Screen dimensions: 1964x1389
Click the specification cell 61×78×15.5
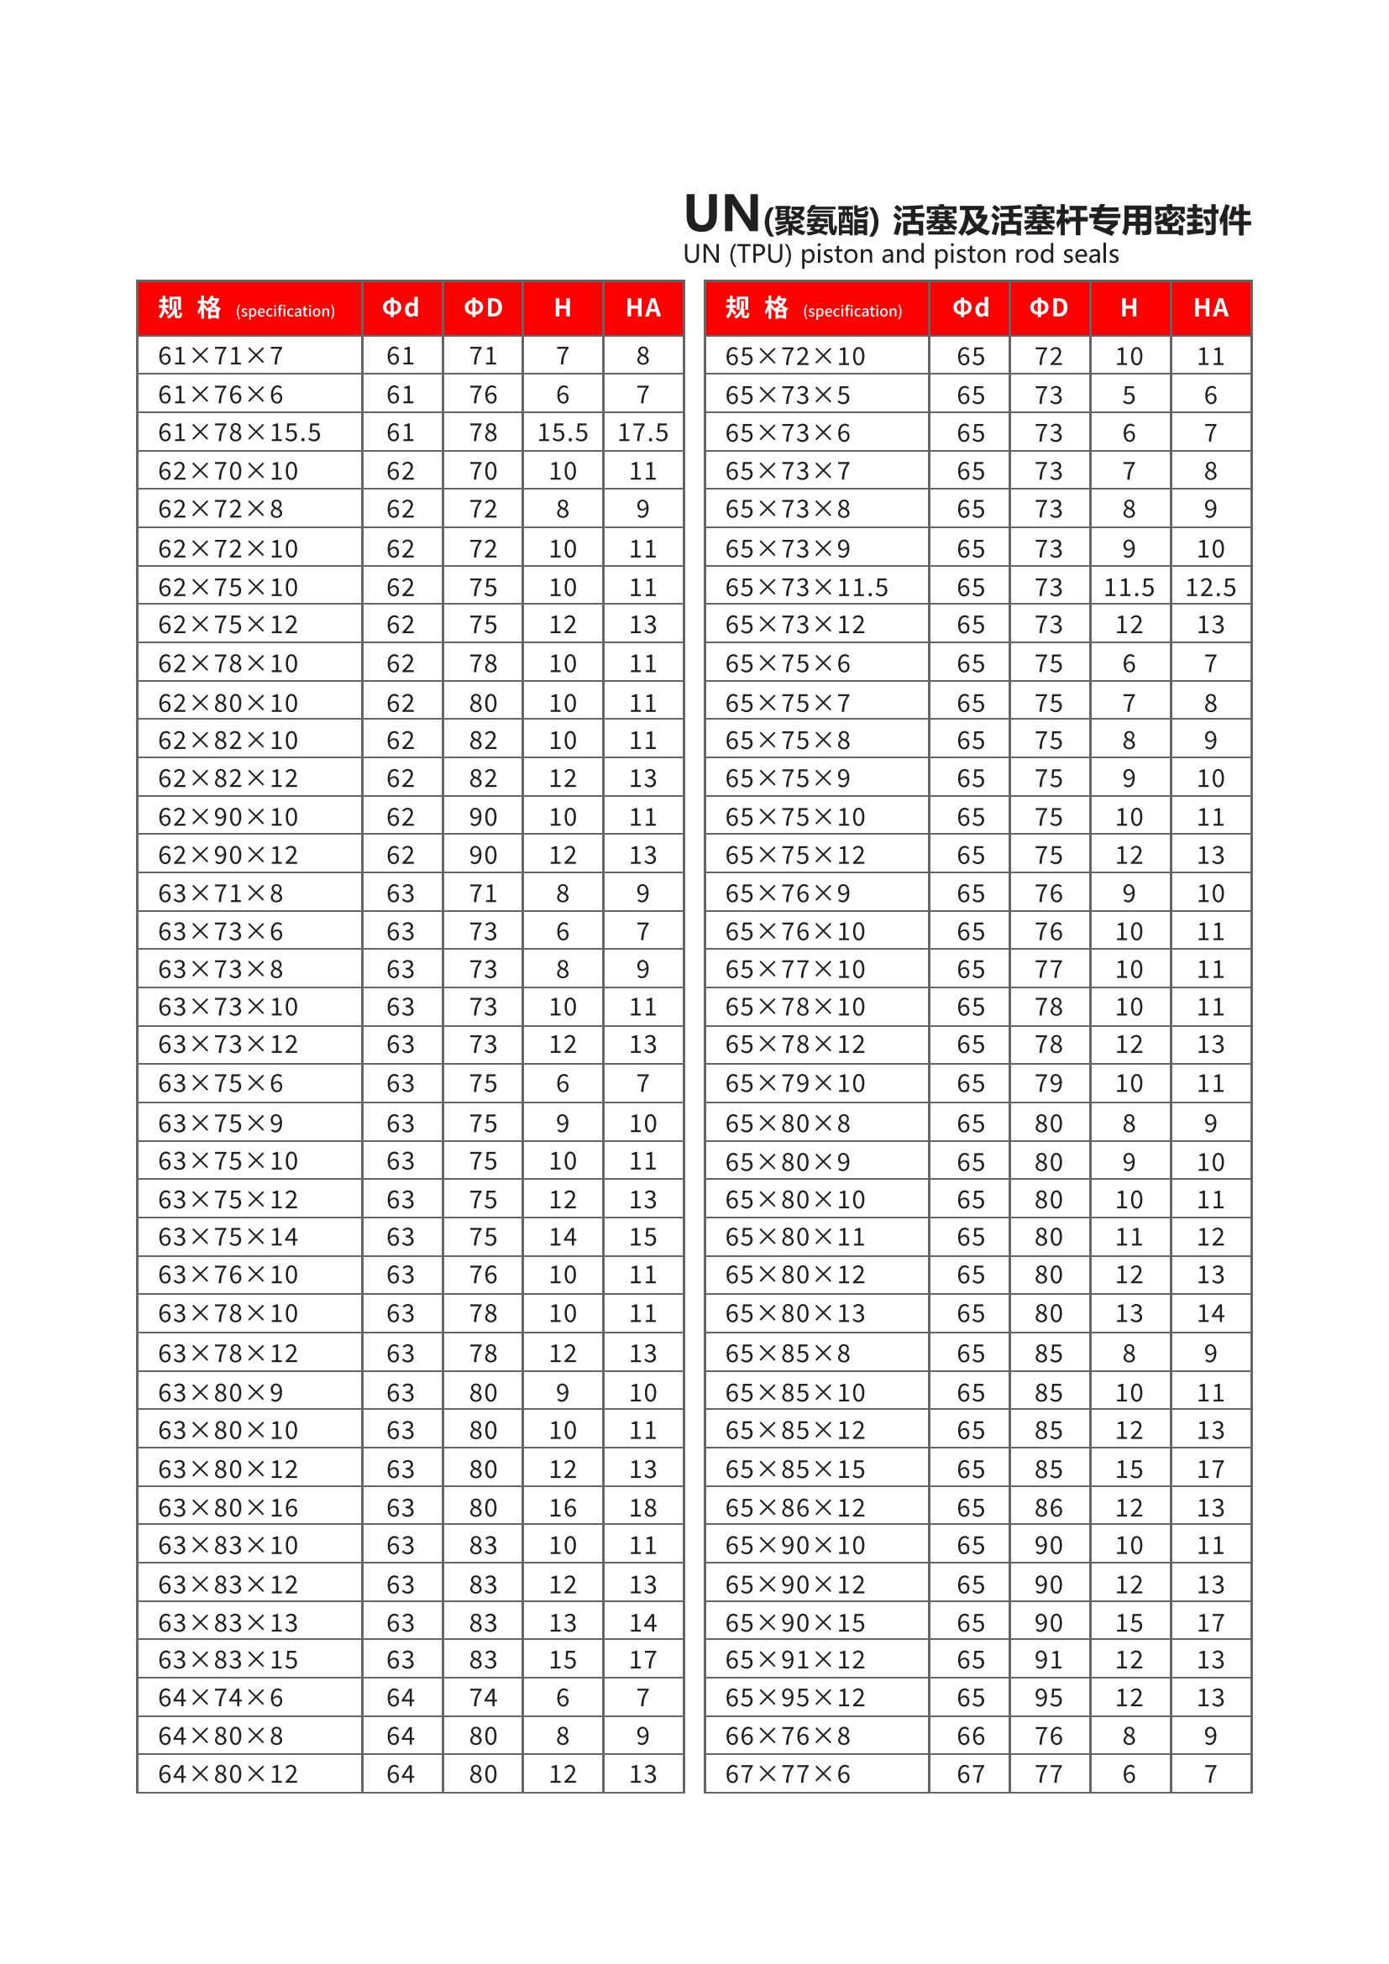(239, 432)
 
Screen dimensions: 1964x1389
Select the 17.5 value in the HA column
(643, 432)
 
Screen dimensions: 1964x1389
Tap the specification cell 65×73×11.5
(806, 588)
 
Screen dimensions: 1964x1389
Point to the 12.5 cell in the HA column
(1210, 588)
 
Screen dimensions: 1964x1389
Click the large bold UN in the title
(722, 215)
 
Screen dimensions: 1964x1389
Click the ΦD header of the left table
(483, 308)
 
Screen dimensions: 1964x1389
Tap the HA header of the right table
(1210, 308)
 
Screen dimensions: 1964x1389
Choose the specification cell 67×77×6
(788, 1774)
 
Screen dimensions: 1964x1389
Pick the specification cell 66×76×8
(788, 1736)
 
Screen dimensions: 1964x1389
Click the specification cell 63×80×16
(228, 1507)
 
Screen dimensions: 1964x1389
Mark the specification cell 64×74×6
(221, 1697)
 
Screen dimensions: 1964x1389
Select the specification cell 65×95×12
(795, 1697)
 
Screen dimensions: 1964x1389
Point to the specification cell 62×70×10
(228, 471)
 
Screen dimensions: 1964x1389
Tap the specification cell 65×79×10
(795, 1084)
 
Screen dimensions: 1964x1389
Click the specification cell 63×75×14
(228, 1237)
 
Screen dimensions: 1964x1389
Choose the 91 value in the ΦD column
(1049, 1659)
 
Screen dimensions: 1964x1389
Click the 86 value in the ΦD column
(1049, 1507)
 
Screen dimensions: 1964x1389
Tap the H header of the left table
(563, 308)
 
